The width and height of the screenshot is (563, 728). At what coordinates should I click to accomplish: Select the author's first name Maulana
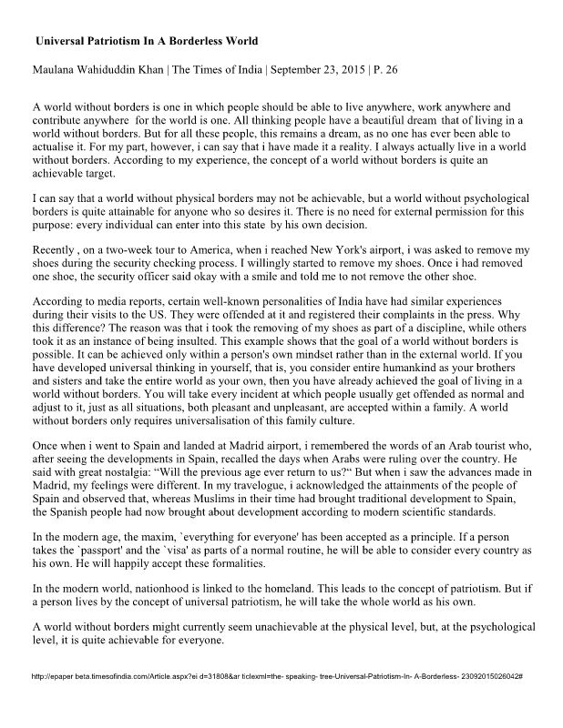pyautogui.click(x=57, y=71)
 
